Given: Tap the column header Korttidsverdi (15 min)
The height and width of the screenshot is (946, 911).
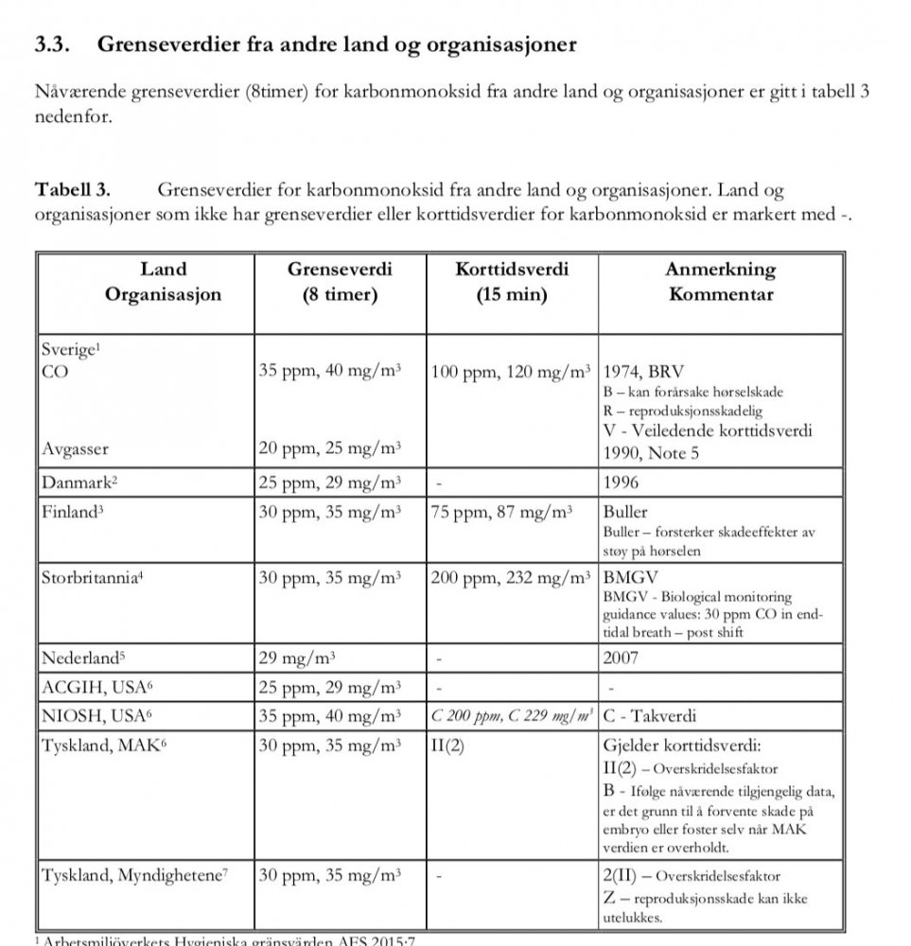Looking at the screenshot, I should [512, 282].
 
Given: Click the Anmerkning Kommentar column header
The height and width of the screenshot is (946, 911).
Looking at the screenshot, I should [720, 282].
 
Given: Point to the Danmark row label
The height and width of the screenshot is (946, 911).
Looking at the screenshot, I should [79, 482].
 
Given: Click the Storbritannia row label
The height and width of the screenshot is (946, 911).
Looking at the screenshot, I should [92, 577].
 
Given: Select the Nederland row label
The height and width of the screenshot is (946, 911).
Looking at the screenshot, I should [83, 657].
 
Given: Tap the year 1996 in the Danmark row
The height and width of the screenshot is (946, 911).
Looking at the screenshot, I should [621, 482].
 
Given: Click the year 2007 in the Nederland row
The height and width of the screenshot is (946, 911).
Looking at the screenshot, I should [621, 657].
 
